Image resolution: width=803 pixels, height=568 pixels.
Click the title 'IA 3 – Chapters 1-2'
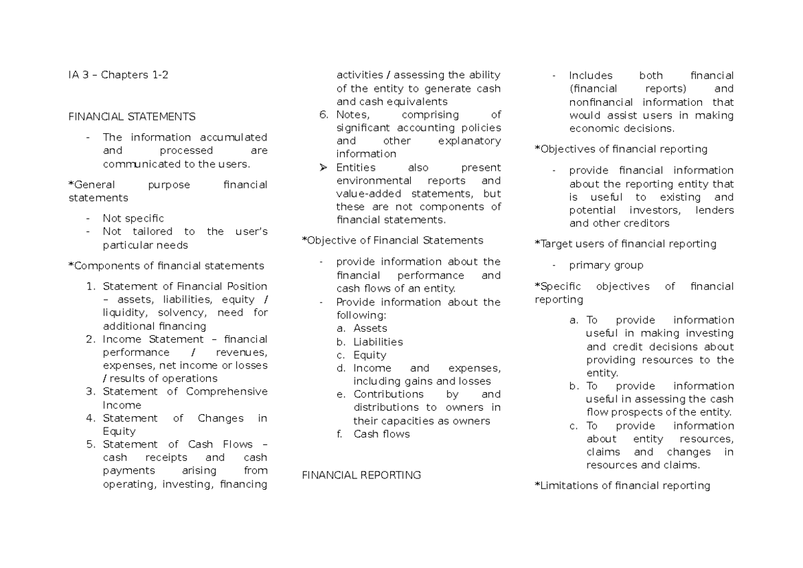118,75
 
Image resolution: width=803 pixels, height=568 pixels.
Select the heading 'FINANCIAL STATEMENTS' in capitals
132,116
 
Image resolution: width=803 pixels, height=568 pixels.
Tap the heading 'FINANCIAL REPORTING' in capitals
361,475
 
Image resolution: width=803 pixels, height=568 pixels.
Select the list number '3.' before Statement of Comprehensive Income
92,391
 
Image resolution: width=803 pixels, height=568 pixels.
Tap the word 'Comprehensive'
226,391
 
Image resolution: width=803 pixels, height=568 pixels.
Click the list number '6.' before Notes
324,114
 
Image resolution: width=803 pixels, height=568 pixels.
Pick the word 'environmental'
375,181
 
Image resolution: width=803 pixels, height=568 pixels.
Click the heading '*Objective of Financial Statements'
392,240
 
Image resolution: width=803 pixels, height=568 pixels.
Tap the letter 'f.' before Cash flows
340,434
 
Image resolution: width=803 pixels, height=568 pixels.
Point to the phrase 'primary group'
606,265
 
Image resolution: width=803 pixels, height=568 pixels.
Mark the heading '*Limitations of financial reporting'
622,486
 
